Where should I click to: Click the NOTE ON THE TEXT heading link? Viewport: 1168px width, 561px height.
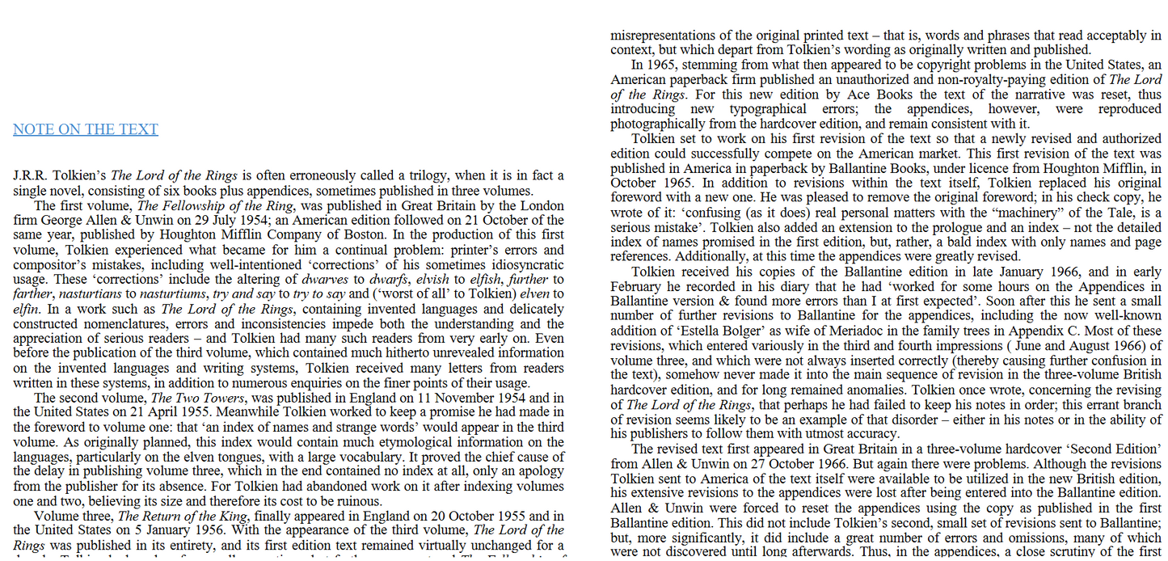click(86, 129)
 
